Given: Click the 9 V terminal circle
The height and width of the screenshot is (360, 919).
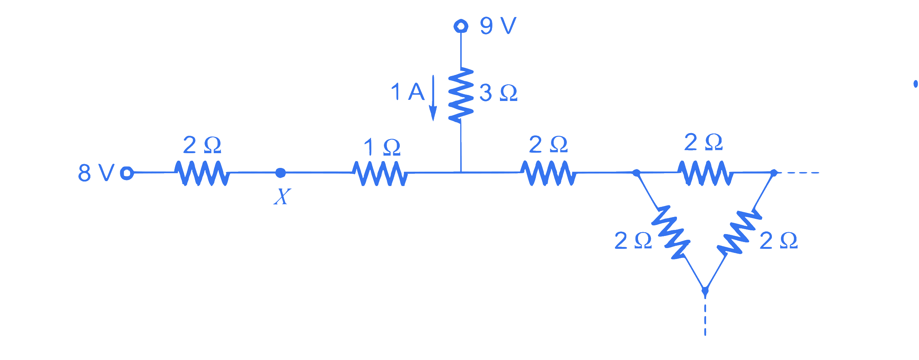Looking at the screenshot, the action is (461, 26).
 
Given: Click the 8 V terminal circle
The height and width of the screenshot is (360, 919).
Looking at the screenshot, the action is (127, 173).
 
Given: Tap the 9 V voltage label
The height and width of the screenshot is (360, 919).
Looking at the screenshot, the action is (498, 26).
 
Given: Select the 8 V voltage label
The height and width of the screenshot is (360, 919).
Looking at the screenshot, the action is (96, 173).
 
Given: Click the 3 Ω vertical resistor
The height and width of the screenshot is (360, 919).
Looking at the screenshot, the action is (461, 95).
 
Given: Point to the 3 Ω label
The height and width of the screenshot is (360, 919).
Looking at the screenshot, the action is (498, 93).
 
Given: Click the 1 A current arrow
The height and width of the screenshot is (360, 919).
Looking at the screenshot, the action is (433, 98).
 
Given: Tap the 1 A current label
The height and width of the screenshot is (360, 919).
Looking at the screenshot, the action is (408, 92).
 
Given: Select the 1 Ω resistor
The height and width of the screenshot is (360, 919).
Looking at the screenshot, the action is (380, 174).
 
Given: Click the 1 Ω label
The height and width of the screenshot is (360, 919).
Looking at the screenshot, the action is (382, 147).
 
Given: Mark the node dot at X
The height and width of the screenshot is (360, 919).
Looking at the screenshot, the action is (281, 173).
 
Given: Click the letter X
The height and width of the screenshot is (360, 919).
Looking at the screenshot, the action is (282, 197).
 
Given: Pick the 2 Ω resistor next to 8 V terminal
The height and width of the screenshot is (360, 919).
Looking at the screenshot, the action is (202, 173).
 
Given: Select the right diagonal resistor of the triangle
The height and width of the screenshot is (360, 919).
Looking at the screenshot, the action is (739, 232).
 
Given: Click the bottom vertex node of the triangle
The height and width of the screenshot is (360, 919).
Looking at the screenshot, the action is (705, 291).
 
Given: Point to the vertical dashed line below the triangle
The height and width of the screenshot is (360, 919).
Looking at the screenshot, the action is (705, 316).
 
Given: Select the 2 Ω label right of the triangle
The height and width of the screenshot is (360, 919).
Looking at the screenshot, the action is (779, 241).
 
